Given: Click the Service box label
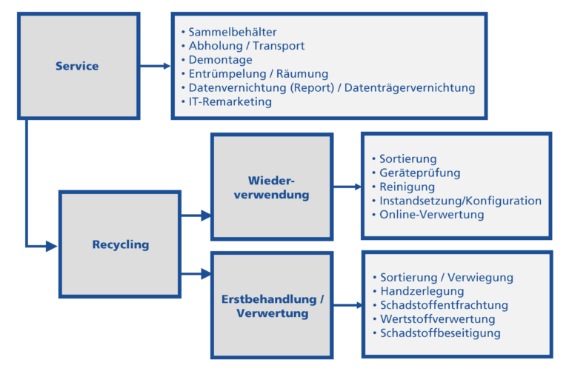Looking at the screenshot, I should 77,66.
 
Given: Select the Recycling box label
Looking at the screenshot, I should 120,244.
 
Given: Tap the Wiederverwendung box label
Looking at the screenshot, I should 271,187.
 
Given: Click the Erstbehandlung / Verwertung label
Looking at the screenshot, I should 272,306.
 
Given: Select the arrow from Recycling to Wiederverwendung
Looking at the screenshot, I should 196,216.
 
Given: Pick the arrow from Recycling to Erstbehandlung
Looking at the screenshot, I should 196,274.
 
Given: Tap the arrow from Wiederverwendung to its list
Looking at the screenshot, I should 347,187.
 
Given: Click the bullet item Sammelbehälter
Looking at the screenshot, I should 232,32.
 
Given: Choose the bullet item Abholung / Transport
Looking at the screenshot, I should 246,46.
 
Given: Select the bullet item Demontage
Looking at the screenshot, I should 220,60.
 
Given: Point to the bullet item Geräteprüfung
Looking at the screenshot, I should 419,173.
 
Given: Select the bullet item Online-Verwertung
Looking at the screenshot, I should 431,215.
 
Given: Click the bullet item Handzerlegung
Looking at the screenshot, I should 422,291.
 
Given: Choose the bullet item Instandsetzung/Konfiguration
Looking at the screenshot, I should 460,201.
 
